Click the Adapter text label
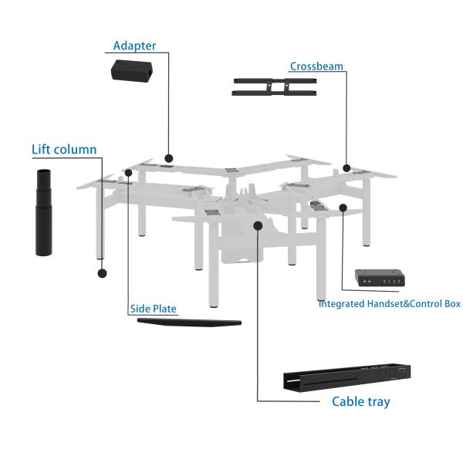tap(134, 46)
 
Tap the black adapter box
tap(132, 72)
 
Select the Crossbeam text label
tap(316, 66)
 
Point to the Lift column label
tap(64, 150)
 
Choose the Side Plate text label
tap(154, 309)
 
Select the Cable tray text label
tap(360, 401)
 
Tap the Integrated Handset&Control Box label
tap(389, 304)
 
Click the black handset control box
tap(380, 277)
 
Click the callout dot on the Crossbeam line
tap(347, 167)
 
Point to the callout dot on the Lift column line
tap(102, 272)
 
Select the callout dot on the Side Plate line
tap(128, 173)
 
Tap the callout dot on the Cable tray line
tap(258, 225)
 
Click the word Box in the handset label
tap(450, 304)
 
